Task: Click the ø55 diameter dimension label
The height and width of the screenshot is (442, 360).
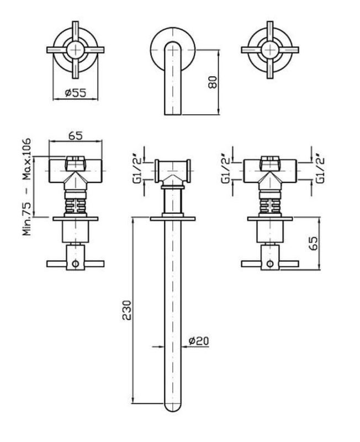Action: pyautogui.click(x=76, y=92)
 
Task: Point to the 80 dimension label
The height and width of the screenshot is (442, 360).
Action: pyautogui.click(x=213, y=82)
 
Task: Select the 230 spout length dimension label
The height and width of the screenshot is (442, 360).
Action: pyautogui.click(x=127, y=310)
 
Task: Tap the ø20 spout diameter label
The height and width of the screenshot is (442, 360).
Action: pyautogui.click(x=199, y=341)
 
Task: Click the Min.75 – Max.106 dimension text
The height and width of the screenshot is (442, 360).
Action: pyautogui.click(x=27, y=187)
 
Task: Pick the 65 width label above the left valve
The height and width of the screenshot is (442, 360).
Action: pyautogui.click(x=76, y=135)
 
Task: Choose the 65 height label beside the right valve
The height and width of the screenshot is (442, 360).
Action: pyautogui.click(x=313, y=243)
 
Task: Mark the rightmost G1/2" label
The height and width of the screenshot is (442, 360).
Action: pyautogui.click(x=320, y=170)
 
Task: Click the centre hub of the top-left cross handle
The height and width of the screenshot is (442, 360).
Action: pyautogui.click(x=76, y=50)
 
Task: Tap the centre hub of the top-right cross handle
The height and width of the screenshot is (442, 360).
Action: pyautogui.click(x=270, y=50)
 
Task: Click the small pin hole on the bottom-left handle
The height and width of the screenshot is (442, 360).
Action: pyautogui.click(x=75, y=264)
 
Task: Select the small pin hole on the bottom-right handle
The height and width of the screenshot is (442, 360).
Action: pyautogui.click(x=270, y=264)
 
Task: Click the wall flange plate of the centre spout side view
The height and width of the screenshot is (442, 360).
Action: pyautogui.click(x=173, y=219)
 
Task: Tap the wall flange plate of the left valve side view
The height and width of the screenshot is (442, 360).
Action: pyautogui.click(x=76, y=219)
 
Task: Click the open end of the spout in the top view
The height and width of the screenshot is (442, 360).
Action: pyautogui.click(x=173, y=114)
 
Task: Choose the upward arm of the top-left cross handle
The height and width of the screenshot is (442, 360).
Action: pyautogui.click(x=76, y=31)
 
